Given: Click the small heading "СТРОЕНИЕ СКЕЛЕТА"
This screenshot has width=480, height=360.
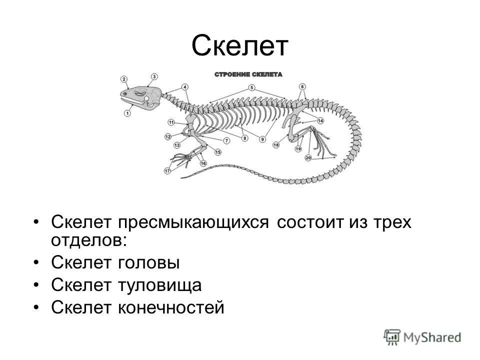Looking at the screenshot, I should tap(248, 74).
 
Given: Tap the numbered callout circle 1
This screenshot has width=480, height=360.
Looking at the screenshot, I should tap(127, 113).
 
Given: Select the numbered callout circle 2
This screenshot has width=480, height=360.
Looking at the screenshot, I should tap(123, 79).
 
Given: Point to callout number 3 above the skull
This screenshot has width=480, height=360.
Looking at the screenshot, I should tap(154, 76).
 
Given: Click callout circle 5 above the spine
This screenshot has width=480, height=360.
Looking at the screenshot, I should tap(252, 87).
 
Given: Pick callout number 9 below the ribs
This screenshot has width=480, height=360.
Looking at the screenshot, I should tap(262, 139).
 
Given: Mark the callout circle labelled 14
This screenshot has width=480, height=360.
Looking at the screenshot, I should tap(320, 121).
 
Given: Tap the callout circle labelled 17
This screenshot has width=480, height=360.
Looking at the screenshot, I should tap(167, 171).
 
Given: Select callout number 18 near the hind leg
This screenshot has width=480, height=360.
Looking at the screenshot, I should tap(276, 145).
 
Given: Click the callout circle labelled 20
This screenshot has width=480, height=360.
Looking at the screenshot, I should tap(308, 158).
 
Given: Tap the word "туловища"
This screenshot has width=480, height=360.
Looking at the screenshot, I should tap(159, 285).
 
